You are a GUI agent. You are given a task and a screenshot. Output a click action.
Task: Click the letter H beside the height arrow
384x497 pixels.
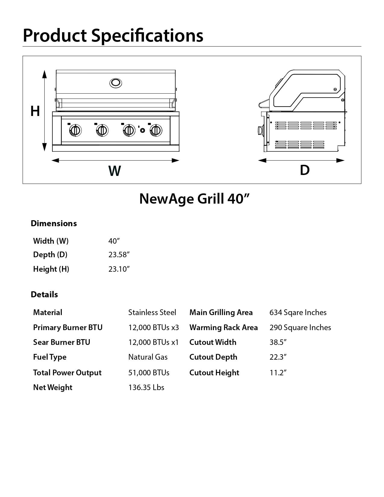tap(35, 111)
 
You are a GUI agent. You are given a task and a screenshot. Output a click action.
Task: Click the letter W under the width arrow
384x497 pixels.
tap(114, 171)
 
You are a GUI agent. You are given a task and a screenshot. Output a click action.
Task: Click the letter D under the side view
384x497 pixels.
tap(304, 170)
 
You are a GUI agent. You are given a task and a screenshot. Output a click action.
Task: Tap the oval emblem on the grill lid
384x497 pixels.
tap(116, 83)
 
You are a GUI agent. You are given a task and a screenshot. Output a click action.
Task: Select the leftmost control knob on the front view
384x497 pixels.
tap(75, 130)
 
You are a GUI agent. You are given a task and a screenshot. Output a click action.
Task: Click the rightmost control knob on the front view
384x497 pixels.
tap(156, 130)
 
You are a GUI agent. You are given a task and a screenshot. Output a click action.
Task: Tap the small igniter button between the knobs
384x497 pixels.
tap(142, 130)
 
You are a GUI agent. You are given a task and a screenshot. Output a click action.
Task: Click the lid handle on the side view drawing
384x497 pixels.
tap(263, 104)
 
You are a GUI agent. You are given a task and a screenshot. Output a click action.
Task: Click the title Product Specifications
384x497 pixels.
tap(113, 35)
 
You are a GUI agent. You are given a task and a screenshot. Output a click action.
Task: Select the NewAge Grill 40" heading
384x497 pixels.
tap(194, 199)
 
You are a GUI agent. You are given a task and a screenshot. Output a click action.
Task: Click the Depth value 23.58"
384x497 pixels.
tap(119, 255)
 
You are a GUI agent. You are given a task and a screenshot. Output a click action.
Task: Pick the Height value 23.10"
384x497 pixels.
tap(119, 269)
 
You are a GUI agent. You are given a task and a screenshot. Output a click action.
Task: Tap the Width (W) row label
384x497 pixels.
tap(51, 241)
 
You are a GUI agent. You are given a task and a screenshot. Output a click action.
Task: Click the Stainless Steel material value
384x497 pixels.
tap(152, 312)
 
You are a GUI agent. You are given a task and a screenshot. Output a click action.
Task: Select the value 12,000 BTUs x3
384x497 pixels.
tap(154, 327)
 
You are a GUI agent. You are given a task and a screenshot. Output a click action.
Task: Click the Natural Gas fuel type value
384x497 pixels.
tap(148, 357)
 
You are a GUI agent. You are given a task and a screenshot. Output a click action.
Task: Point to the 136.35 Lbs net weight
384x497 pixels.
tap(146, 387)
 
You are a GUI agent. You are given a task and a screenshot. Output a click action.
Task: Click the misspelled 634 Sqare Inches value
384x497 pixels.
tap(298, 312)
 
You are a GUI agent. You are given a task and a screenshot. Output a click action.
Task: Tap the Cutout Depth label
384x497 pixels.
tap(213, 357)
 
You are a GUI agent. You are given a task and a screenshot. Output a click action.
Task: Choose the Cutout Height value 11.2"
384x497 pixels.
tap(278, 373)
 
